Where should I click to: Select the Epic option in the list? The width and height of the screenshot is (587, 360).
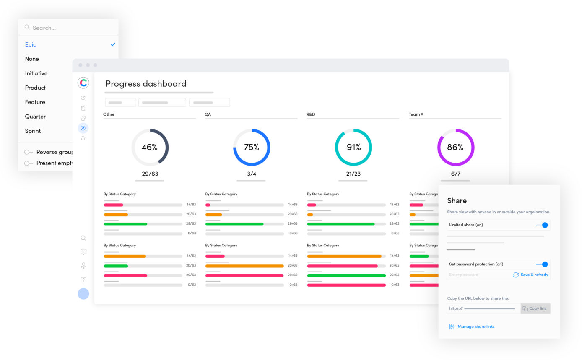[x=31, y=44]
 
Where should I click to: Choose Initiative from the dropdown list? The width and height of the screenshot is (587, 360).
[x=36, y=73]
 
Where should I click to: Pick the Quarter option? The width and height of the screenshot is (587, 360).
[x=35, y=117]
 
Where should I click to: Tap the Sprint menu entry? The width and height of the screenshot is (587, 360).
[x=33, y=131]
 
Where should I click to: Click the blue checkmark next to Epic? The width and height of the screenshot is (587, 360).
[x=113, y=44]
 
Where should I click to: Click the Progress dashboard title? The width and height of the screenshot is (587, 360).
[x=146, y=83]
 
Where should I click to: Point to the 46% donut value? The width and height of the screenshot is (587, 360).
[x=149, y=147]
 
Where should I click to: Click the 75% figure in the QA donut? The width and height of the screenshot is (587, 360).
[x=252, y=147]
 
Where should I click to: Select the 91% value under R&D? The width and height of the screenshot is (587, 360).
[x=353, y=147]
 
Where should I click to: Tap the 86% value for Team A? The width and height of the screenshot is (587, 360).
[x=455, y=147]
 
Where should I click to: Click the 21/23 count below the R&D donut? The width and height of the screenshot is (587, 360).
[x=353, y=174]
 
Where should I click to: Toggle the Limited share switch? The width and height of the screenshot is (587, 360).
[x=543, y=225]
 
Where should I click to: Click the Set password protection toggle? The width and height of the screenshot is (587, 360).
[x=543, y=264]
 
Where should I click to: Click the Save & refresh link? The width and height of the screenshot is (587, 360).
[x=530, y=275]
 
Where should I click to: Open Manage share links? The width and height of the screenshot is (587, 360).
[x=476, y=326]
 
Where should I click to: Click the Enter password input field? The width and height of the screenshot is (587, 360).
[x=478, y=275]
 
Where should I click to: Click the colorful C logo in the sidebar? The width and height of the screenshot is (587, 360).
[x=83, y=83]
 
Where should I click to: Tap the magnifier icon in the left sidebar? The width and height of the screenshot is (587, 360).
[x=83, y=238]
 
